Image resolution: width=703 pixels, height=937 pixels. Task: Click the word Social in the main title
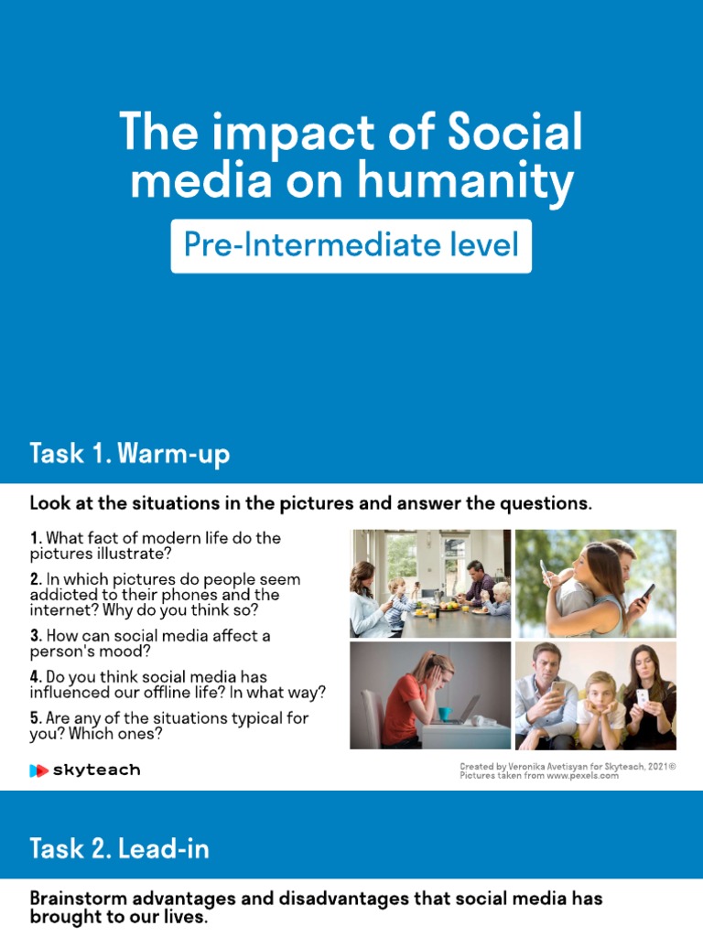(x=515, y=134)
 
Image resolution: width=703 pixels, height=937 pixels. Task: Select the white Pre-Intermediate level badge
(x=351, y=245)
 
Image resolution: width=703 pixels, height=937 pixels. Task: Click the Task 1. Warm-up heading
(x=129, y=454)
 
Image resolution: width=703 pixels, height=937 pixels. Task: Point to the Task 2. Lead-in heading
(x=119, y=848)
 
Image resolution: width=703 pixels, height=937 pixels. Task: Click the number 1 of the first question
(x=34, y=538)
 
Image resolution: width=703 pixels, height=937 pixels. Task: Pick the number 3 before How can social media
(x=34, y=635)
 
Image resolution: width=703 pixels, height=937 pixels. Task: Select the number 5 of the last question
(x=34, y=718)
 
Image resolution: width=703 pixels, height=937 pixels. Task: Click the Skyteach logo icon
(x=38, y=770)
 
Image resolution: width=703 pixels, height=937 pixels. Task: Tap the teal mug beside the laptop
(x=444, y=713)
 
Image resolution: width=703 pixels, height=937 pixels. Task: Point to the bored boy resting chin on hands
(x=600, y=705)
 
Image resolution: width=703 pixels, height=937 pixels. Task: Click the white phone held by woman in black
(x=642, y=696)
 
